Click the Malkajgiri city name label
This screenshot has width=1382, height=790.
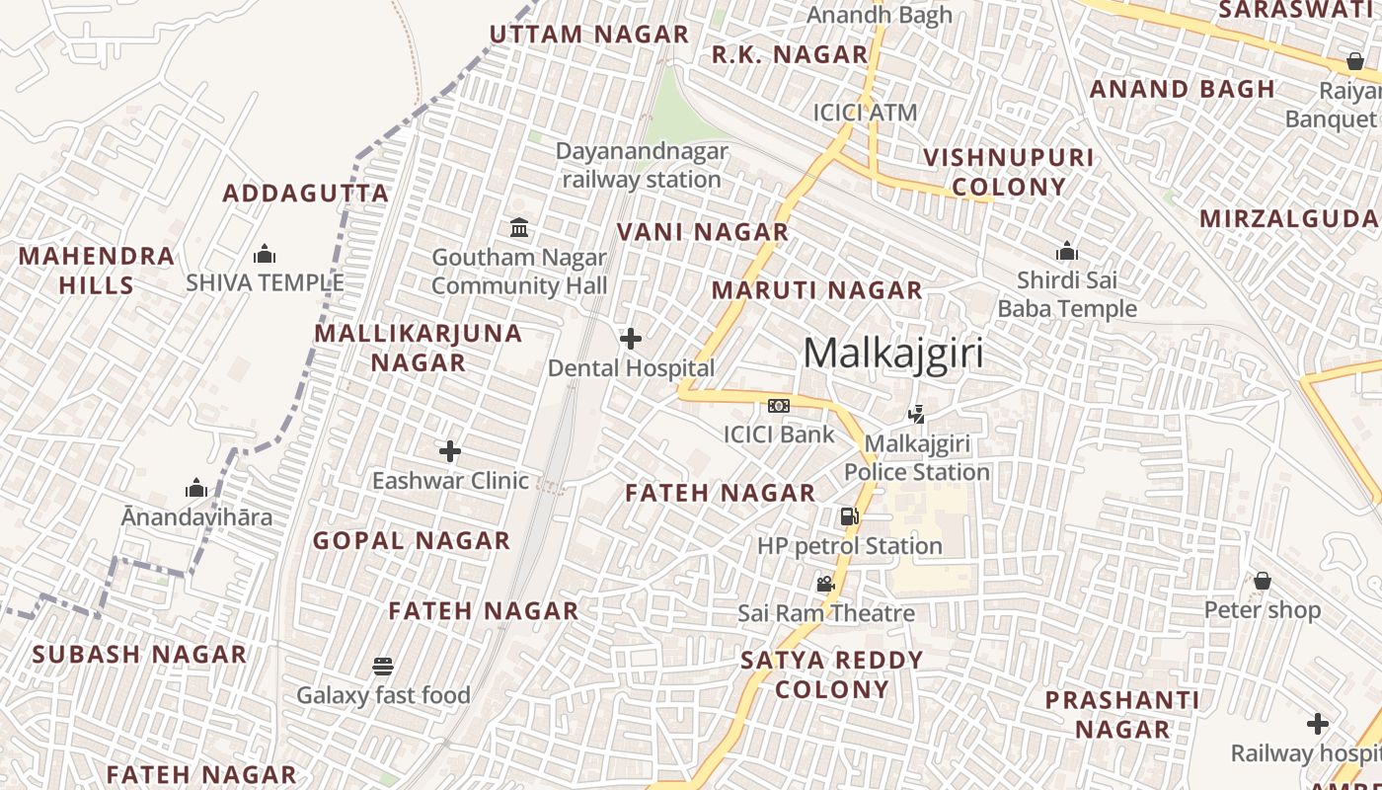tap(893, 353)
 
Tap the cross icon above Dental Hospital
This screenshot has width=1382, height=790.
tap(631, 339)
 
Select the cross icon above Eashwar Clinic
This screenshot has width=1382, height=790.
tap(450, 451)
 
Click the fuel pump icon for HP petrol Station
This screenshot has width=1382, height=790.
tap(849, 516)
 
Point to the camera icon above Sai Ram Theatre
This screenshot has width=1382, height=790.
tap(826, 585)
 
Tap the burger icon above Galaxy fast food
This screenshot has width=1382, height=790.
tap(383, 666)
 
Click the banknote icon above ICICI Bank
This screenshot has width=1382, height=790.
tap(779, 406)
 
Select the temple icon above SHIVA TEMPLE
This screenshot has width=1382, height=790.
tap(265, 255)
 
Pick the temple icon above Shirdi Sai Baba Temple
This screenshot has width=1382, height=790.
tap(1067, 251)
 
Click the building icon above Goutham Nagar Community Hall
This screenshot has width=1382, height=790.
tap(519, 228)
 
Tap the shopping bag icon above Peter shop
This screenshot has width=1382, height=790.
tap(1262, 581)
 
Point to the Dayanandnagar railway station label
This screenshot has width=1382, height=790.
tap(642, 166)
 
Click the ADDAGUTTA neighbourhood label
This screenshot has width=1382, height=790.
tap(306, 193)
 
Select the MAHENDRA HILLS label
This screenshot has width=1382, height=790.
tap(96, 271)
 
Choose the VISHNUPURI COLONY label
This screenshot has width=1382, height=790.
tap(1009, 172)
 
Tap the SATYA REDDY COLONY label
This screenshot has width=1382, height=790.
tap(832, 674)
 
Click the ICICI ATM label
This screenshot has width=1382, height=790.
tap(866, 113)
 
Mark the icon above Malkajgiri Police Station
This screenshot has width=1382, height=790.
tap(916, 415)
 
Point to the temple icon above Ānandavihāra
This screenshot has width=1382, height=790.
tap(196, 488)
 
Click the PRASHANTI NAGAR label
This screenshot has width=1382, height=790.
tap(1122, 715)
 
